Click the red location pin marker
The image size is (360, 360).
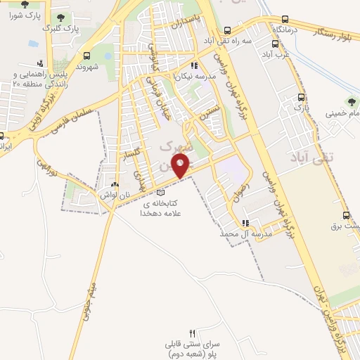point(181,166)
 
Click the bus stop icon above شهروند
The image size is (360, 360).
point(86,56)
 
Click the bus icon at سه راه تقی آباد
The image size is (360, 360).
point(227,30)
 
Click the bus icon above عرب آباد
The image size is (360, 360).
point(267,44)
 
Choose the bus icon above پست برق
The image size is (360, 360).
point(346,215)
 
